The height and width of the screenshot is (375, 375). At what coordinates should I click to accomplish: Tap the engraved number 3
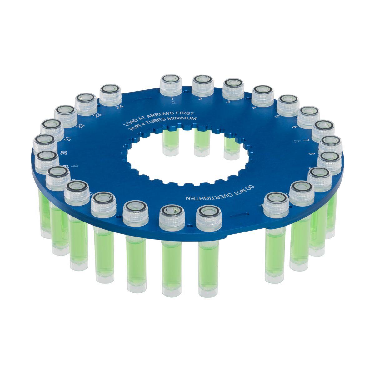tap(228, 102)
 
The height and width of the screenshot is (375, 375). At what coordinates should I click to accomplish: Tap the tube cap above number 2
tap(202, 85)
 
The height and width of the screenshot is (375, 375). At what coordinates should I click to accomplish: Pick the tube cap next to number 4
tap(262, 95)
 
